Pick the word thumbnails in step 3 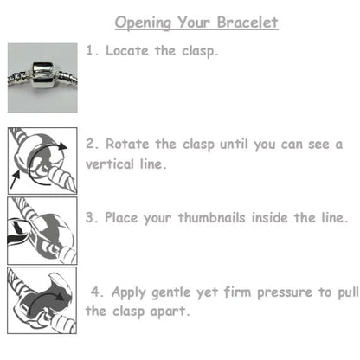[x=235, y=216]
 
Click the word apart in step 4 [x=170, y=310]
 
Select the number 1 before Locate [x=89, y=50]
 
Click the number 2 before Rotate [x=89, y=144]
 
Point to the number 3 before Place [x=89, y=216]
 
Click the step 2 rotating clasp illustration [x=42, y=159]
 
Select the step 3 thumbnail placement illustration [x=42, y=231]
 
